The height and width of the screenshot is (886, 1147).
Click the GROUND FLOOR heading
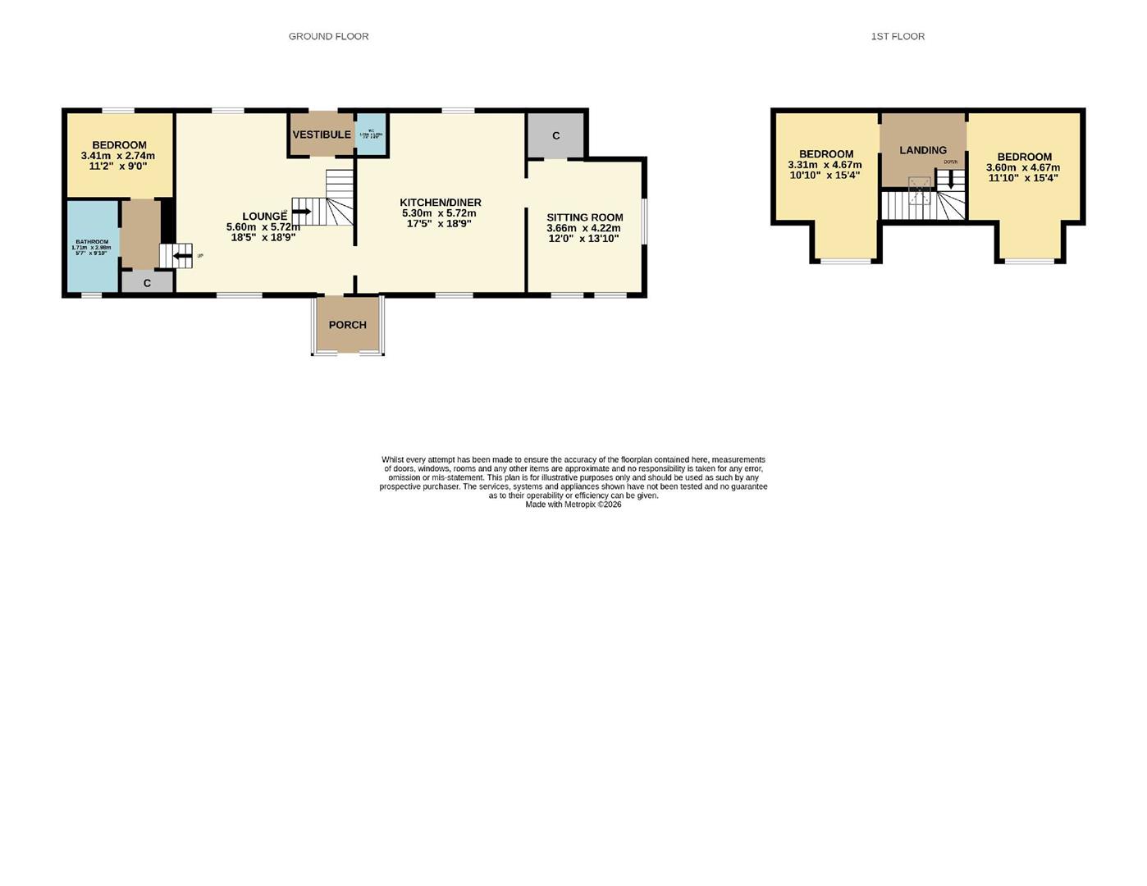[x=328, y=36]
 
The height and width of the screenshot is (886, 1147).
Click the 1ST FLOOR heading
[x=898, y=36]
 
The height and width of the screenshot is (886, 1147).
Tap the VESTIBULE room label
[x=322, y=135]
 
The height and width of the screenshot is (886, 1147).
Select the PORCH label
[x=348, y=325]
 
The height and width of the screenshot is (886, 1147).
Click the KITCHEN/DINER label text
[x=441, y=203]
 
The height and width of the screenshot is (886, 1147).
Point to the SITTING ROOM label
[x=585, y=217]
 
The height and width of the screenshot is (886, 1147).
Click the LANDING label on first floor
[x=923, y=150]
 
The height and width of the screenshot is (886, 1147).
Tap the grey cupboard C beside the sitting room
[x=555, y=135]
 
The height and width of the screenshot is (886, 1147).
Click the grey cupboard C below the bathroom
[x=147, y=283]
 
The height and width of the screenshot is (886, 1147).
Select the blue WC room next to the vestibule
[x=371, y=134]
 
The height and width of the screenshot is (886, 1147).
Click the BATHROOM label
[x=92, y=242]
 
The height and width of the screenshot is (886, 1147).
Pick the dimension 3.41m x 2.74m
[x=118, y=156]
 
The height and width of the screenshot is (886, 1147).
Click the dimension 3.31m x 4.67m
[x=825, y=165]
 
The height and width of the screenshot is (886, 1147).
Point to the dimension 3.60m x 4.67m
[x=1023, y=167]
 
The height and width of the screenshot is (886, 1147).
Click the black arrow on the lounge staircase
[x=301, y=212]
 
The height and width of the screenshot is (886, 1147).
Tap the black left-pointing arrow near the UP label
[x=181, y=256]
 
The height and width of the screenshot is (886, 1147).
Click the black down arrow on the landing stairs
[x=951, y=180]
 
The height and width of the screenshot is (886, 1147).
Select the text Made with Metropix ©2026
[x=573, y=505]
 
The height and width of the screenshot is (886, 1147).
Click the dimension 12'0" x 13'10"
[x=583, y=239]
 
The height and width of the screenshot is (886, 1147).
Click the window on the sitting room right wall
[x=643, y=221]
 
